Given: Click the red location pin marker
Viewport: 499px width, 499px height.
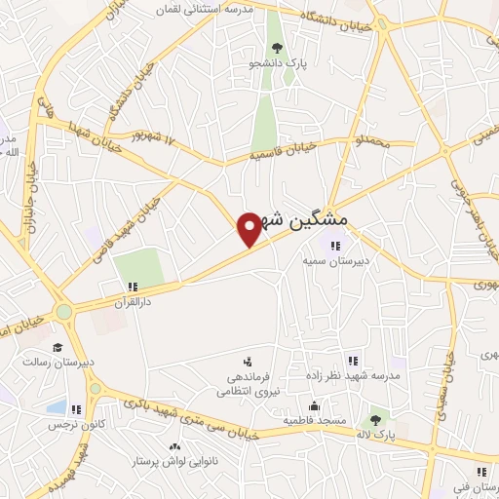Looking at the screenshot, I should [x=249, y=228].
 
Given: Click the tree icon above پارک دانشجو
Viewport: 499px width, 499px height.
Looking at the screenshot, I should [x=277, y=46].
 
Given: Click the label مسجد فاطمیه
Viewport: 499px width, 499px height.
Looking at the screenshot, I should [x=314, y=420].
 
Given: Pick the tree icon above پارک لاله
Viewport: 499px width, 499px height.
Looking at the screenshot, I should [x=375, y=420].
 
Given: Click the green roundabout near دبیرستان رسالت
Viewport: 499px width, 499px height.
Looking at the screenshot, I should [x=65, y=313].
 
